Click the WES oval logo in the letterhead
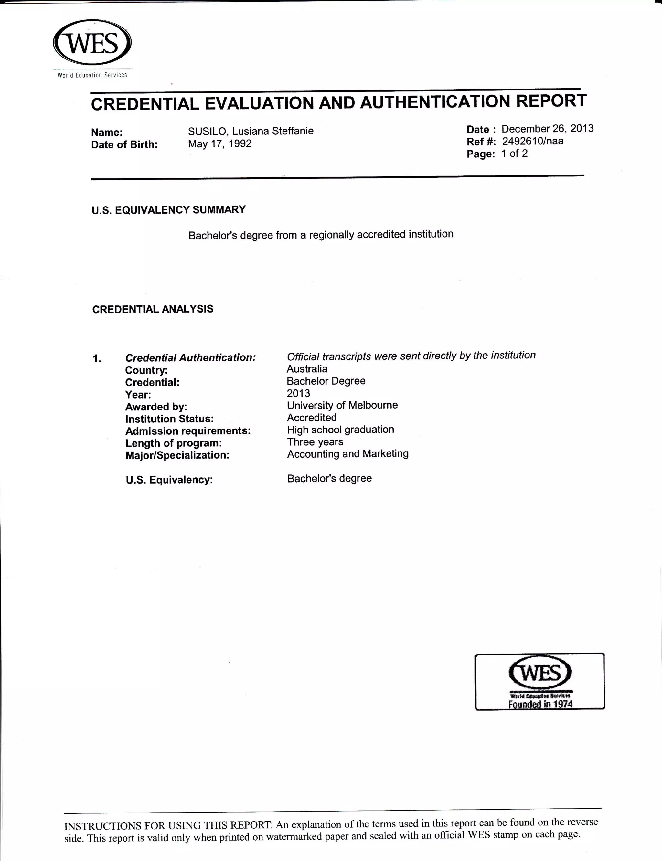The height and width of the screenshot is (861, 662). (92, 43)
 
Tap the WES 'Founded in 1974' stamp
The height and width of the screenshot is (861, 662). (539, 681)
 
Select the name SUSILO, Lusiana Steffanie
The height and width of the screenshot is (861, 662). (251, 131)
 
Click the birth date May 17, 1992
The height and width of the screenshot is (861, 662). (219, 143)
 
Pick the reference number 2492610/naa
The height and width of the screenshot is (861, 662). (532, 141)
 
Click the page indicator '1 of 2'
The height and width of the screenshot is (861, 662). (514, 153)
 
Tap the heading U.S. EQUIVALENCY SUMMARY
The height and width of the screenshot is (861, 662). (169, 210)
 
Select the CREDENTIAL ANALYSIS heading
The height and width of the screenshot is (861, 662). (153, 309)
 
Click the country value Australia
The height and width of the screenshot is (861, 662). (307, 369)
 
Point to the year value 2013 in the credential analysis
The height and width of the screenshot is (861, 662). (298, 393)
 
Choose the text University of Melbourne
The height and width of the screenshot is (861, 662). (342, 405)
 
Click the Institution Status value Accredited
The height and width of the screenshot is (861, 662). (312, 417)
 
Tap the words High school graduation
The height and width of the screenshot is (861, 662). (340, 430)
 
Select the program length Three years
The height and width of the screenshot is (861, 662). (315, 442)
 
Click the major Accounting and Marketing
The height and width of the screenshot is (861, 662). (347, 454)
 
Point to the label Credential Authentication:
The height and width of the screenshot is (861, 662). (190, 357)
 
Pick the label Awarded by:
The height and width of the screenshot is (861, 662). (156, 407)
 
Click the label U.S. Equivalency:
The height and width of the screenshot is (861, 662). (169, 480)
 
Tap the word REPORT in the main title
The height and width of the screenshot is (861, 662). (551, 101)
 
